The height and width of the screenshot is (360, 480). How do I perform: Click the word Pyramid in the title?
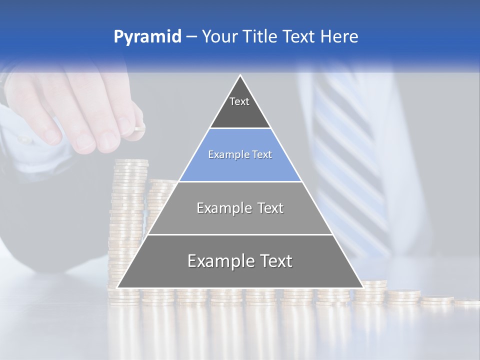tap(147, 37)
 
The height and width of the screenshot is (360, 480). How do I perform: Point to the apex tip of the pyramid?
tap(240, 76)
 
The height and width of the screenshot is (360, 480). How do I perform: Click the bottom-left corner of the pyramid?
tap(118, 287)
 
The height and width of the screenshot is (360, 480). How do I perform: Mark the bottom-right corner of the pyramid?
tap(362, 287)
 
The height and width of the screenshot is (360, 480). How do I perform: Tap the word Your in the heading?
tap(219, 37)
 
